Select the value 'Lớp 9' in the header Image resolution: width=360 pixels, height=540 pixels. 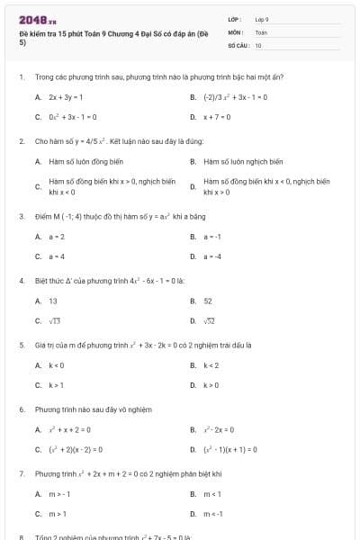[x=262, y=19]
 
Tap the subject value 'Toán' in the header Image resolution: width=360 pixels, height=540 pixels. [x=261, y=31]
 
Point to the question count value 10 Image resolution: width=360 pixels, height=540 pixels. [x=258, y=44]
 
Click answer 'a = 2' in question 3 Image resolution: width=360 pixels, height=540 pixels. [x=57, y=237]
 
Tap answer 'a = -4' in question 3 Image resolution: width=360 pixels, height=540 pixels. [x=213, y=256]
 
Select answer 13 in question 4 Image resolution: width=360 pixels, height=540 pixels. [x=53, y=301]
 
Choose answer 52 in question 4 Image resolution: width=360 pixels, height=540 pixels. [x=208, y=301]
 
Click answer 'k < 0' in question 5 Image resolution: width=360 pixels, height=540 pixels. [x=57, y=365]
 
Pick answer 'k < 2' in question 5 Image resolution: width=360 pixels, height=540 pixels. [x=211, y=365]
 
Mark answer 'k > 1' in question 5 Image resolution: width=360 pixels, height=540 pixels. [x=57, y=385]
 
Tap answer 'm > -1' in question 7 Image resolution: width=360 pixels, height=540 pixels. [x=59, y=494]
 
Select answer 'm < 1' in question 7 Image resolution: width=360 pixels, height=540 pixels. [x=212, y=494]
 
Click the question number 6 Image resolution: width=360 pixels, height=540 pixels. [x=21, y=409]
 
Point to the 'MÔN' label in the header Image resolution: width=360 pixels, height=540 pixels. [x=235, y=31]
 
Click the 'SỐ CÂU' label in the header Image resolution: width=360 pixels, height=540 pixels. [x=238, y=44]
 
